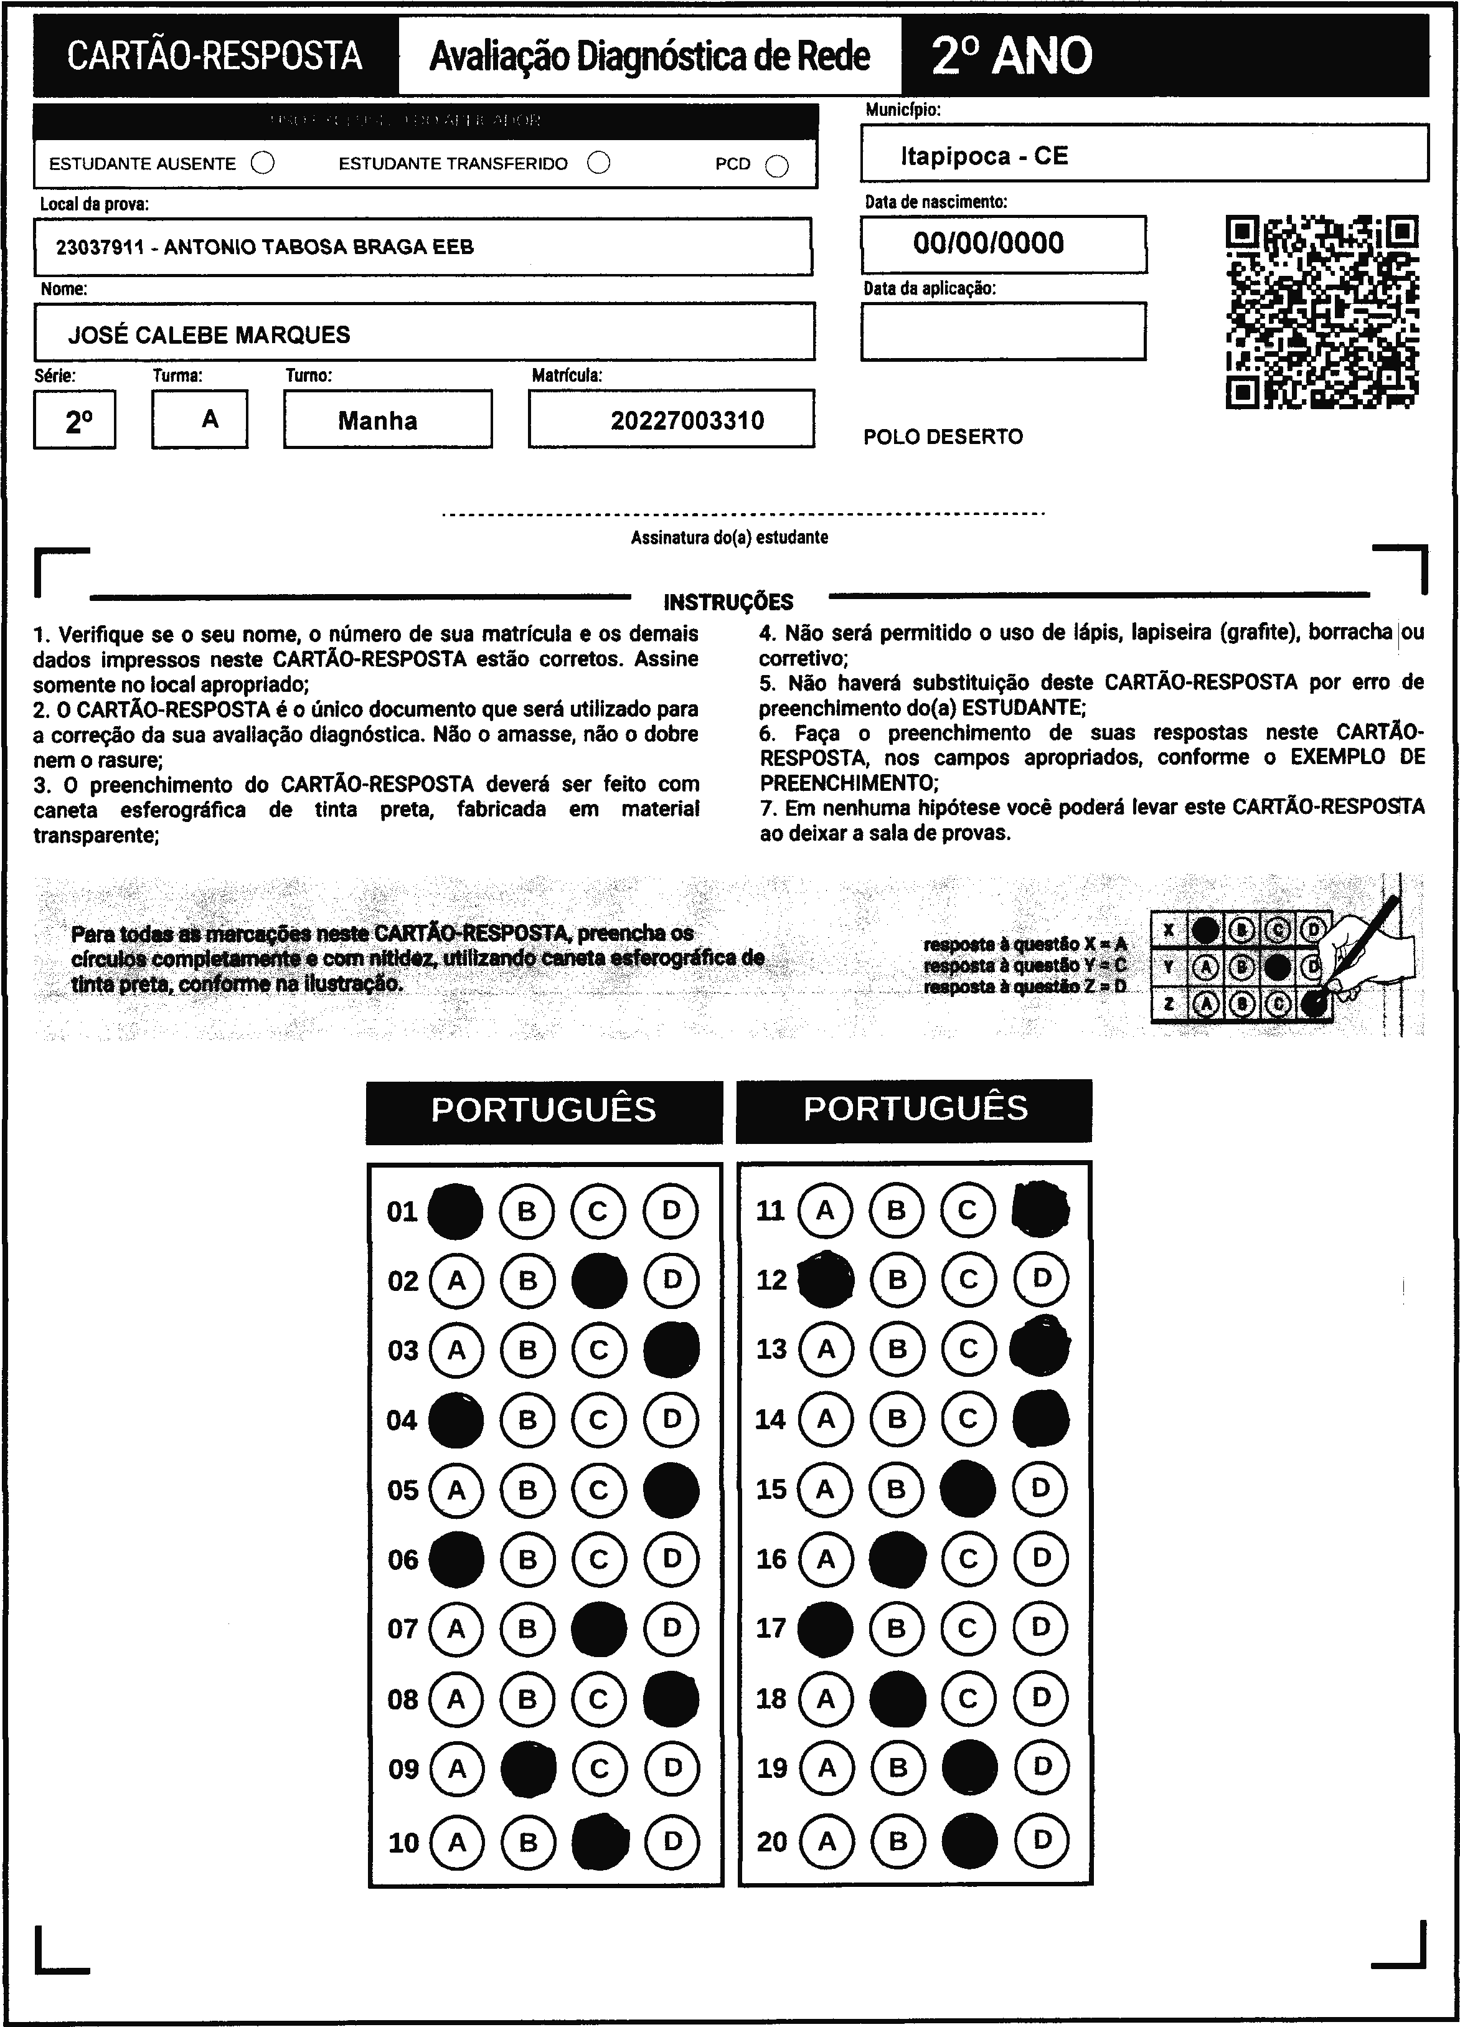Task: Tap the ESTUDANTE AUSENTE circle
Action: [x=263, y=164]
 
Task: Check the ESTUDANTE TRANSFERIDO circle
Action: [x=599, y=163]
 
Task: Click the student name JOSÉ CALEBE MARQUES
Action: [x=209, y=335]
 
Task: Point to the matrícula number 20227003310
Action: [x=687, y=421]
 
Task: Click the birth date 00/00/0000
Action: [x=988, y=243]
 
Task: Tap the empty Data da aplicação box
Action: [x=1002, y=331]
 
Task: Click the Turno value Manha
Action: [x=377, y=421]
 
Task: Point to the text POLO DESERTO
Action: [x=943, y=437]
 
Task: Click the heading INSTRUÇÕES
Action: [x=728, y=602]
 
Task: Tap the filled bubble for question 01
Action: [x=456, y=1211]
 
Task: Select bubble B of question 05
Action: [x=527, y=1490]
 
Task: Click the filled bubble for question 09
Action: [x=528, y=1768]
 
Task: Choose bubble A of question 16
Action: [x=825, y=1559]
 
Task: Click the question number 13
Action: [x=771, y=1349]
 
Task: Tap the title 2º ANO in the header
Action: [x=1012, y=55]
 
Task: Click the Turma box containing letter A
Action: [x=200, y=419]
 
